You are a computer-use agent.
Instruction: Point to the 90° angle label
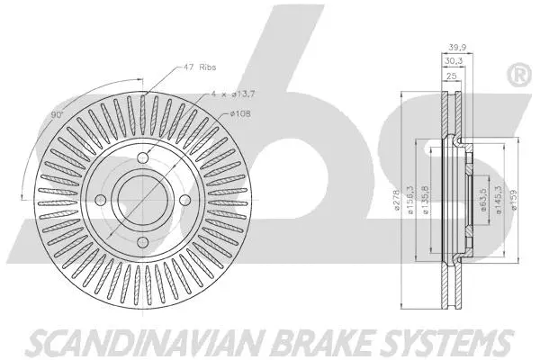[57, 115]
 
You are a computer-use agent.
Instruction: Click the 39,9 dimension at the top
[456, 49]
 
